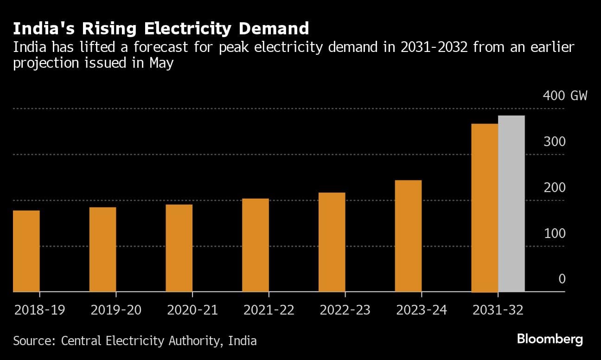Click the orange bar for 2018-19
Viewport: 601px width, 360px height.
coord(26,251)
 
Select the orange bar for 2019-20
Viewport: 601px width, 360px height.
coord(102,250)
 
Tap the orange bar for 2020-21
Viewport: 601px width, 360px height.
coord(179,248)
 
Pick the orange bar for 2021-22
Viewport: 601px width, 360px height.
coord(256,245)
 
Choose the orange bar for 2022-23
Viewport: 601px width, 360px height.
coord(332,242)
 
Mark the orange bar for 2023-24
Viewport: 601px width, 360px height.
coord(408,236)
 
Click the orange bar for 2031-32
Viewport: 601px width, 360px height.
coord(485,208)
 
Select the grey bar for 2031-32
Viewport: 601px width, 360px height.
coord(511,204)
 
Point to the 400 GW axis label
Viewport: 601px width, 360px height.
coord(565,96)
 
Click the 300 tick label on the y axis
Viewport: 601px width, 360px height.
coord(555,141)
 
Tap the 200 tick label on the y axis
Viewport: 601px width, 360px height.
coord(555,187)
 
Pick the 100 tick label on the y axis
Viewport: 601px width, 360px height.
coord(555,233)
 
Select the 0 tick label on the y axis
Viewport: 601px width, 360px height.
coord(562,279)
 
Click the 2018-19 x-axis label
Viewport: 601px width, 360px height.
coord(39,310)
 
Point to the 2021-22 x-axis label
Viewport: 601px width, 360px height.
coord(269,310)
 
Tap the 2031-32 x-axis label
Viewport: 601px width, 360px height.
coord(498,310)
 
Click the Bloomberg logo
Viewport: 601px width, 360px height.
coord(550,339)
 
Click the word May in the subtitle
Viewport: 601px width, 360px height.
coord(161,63)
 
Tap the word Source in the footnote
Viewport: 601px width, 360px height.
coord(33,341)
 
